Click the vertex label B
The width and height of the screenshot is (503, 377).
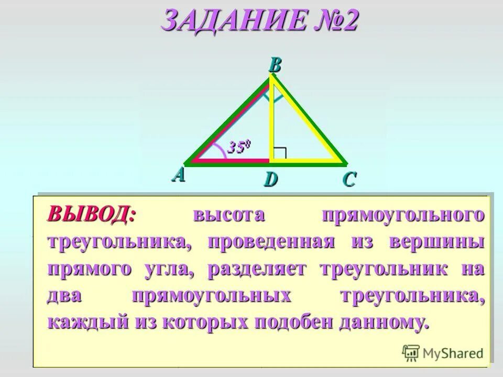coord(275,66)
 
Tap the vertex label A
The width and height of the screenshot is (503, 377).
coord(179,175)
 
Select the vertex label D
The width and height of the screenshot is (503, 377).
coord(270,180)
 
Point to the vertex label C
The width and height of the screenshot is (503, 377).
coord(349,180)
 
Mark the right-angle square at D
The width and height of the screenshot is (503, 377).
coord(280,153)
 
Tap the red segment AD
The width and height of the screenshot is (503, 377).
coord(231,160)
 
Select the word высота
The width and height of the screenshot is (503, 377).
coord(229,215)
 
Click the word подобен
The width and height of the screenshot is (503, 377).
coord(293,322)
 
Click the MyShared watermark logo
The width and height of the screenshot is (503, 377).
coord(443,353)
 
